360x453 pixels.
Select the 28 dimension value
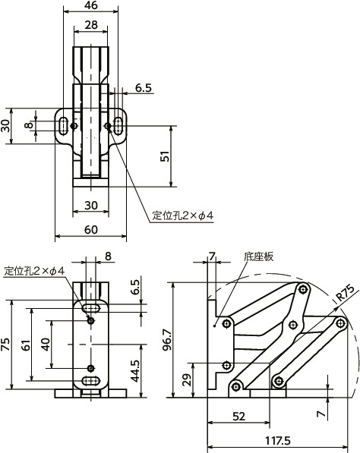coord(91,26)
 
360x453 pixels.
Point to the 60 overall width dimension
coord(91,230)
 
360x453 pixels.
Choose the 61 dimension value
coord(27,345)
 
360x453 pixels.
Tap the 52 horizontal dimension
coord(238,417)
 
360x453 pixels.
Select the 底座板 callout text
coord(258,256)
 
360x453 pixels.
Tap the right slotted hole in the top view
coord(120,126)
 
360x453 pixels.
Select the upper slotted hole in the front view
coord(91,308)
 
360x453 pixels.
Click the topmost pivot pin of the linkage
coord(302,289)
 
